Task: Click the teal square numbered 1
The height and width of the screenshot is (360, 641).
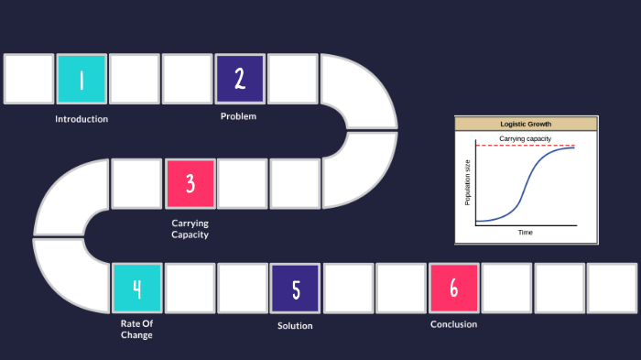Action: (81, 79)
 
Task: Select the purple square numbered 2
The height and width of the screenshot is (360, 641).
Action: (240, 79)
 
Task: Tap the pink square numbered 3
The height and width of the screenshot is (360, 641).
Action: (190, 183)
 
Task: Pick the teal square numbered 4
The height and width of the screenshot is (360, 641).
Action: (137, 289)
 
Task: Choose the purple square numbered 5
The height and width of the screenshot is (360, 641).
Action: (295, 289)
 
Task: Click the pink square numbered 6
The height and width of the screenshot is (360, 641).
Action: (454, 289)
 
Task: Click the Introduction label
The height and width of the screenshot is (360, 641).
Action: (81, 119)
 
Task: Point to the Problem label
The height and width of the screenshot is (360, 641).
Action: (238, 116)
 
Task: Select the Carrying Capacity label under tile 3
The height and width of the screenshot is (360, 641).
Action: (190, 228)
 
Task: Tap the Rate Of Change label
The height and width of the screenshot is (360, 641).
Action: (136, 328)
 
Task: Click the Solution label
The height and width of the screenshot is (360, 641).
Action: (295, 325)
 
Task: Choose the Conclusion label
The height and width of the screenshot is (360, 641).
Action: (453, 323)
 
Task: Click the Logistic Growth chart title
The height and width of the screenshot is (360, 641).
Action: (526, 124)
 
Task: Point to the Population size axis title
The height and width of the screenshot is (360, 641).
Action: (467, 181)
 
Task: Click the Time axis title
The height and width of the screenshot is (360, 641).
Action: (526, 233)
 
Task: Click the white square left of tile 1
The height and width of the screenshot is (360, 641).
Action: (28, 79)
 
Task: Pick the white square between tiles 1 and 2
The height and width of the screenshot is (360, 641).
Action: (135, 79)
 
